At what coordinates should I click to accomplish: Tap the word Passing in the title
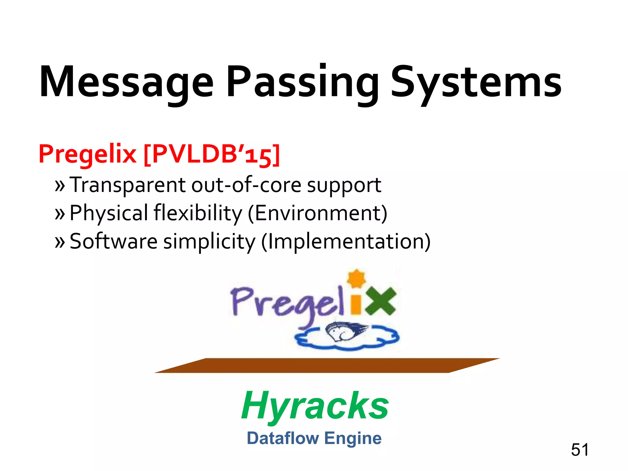click(x=302, y=82)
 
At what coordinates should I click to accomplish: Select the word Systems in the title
click(x=476, y=82)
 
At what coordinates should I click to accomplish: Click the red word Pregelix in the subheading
click(x=87, y=154)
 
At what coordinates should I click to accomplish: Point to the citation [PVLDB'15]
click(x=212, y=154)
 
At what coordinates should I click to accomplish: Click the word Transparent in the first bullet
click(x=128, y=185)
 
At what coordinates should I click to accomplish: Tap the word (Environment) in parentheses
click(x=317, y=213)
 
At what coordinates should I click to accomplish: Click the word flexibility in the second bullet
click(x=198, y=213)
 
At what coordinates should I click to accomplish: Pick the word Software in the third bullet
click(x=113, y=241)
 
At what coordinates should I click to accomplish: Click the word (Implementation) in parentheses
click(x=346, y=241)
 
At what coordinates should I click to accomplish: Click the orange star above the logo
click(x=356, y=278)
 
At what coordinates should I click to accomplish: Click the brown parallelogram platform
click(x=327, y=365)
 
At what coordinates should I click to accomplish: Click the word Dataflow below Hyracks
click(x=283, y=438)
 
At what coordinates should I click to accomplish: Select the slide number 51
click(x=580, y=450)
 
